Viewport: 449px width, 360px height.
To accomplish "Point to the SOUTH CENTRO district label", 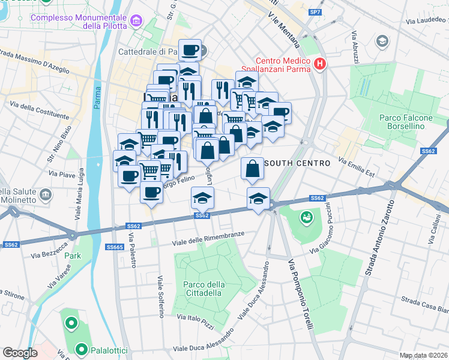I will (x=297, y=163).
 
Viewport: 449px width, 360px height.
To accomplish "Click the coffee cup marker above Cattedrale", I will (x=190, y=50).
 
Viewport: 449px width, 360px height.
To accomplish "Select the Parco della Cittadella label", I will (x=202, y=289).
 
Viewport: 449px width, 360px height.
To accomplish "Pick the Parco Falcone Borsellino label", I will (x=406, y=122).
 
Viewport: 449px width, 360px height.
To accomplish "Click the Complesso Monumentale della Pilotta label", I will (x=79, y=22).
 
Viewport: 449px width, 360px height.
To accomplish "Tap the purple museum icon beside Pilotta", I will (x=137, y=22).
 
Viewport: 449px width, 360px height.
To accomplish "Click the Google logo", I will (x=20, y=353).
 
